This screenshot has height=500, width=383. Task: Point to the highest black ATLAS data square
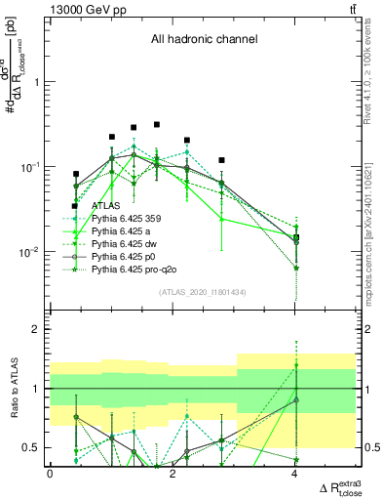point(157,125)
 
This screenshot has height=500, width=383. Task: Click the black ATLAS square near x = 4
point(296,237)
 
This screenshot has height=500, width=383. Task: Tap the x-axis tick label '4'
point(295,474)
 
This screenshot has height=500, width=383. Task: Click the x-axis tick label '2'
point(172,474)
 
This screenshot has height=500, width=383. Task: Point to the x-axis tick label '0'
point(50,474)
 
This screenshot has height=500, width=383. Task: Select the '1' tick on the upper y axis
point(35,82)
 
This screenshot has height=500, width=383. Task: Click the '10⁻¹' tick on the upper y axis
point(30,167)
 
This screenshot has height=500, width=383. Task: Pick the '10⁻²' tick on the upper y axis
point(30,252)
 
